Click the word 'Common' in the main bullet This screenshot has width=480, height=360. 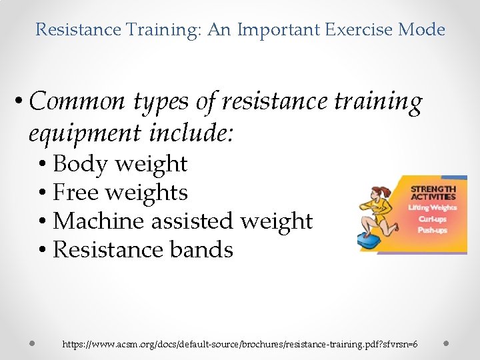(77, 102)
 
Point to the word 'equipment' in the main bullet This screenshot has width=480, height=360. (84, 134)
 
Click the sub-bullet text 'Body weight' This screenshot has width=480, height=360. (120, 163)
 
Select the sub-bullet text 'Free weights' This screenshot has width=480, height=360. (120, 192)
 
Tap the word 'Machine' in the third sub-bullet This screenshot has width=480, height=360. (96, 221)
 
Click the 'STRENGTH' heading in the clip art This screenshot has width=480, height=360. (433, 189)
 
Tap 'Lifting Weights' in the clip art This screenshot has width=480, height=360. (432, 208)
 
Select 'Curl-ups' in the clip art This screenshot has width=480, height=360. (432, 219)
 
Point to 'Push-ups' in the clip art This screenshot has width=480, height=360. (432, 230)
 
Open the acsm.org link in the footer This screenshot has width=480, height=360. (240, 344)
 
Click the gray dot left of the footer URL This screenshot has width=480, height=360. (31, 343)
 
